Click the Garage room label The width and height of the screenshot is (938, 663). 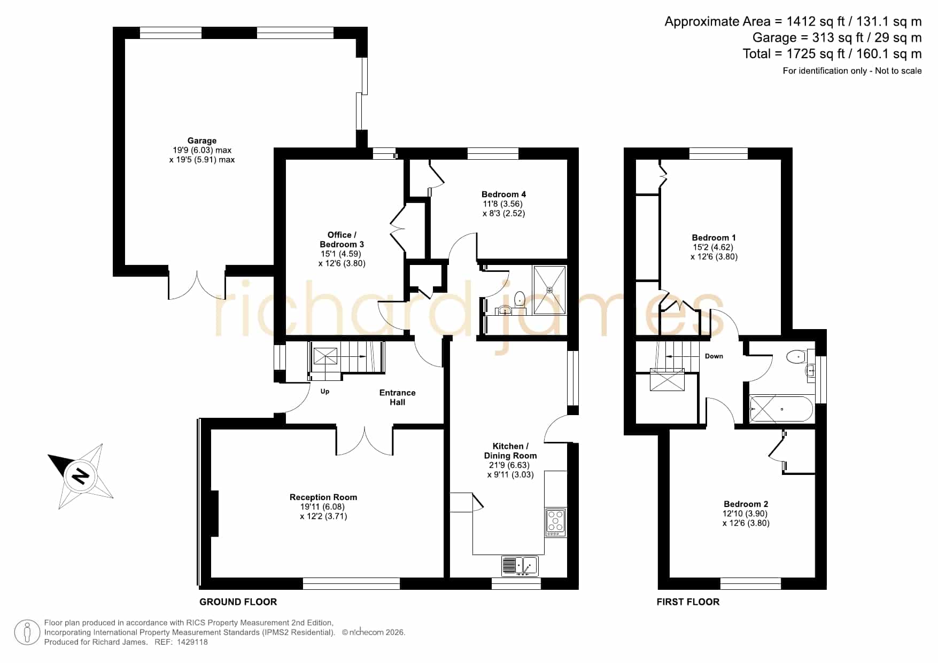point(201,141)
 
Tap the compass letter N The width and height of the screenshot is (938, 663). point(81,475)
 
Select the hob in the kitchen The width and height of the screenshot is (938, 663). point(555,522)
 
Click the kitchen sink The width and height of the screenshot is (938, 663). point(520,565)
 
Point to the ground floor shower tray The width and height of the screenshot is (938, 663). point(549,290)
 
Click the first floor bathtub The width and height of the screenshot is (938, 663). point(781,409)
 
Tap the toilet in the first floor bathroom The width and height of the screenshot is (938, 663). point(797,356)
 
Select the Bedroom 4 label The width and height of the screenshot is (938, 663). point(503,194)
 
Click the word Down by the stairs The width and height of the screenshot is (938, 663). point(714,356)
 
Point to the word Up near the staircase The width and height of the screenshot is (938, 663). point(325,392)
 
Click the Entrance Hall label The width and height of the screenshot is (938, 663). point(397,397)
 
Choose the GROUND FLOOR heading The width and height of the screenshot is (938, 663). point(238,602)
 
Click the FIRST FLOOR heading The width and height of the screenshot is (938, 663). point(688,602)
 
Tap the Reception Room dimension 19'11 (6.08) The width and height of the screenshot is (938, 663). point(322,507)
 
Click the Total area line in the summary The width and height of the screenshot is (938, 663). point(832,54)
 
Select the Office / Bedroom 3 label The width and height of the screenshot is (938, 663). point(342,240)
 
